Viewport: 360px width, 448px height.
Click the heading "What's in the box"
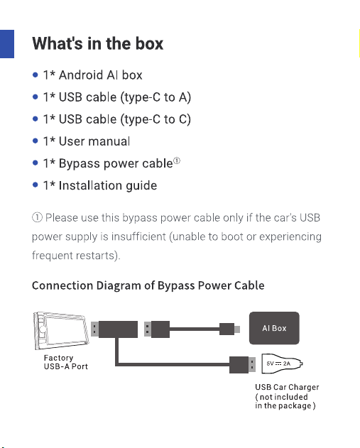(x=98, y=44)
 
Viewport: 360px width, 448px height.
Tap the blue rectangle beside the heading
(x=7, y=44)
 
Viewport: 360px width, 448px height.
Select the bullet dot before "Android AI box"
(x=36, y=75)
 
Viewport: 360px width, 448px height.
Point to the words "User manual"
(x=94, y=141)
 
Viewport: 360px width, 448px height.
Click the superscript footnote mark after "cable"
(x=177, y=161)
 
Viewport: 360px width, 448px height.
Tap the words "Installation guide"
(x=108, y=185)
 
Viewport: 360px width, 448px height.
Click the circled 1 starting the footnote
(x=37, y=218)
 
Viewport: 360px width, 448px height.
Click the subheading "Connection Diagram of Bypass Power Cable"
(x=148, y=285)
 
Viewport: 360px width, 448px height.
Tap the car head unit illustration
(x=61, y=331)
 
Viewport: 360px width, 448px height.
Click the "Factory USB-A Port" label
(x=66, y=362)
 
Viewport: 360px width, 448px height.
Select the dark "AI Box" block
(x=274, y=328)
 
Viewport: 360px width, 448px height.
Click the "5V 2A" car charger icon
(x=282, y=364)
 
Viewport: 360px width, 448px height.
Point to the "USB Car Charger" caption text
(x=287, y=387)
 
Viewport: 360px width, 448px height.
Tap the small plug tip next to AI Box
(x=237, y=329)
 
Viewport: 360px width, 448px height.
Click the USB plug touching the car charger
(x=243, y=365)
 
